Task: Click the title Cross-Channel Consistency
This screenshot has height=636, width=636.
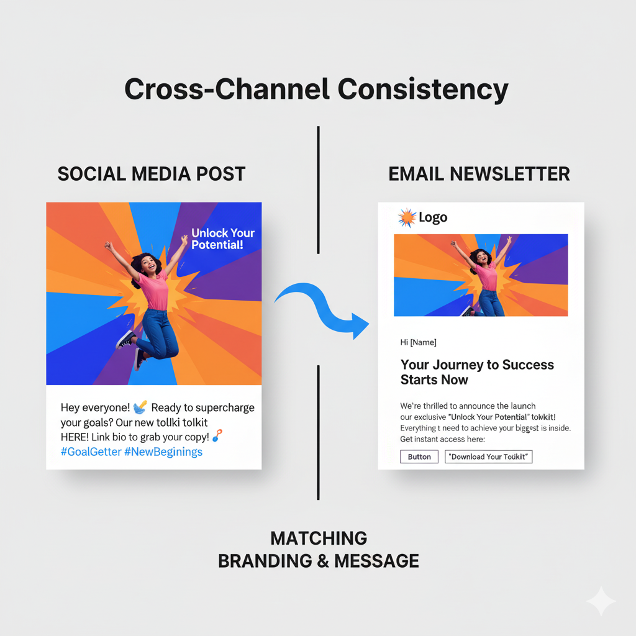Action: pos(316,89)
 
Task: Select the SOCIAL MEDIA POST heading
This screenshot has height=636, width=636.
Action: pos(152,174)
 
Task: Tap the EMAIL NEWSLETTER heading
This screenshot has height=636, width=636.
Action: pos(479,174)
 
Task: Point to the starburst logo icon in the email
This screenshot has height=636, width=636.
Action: pos(407,217)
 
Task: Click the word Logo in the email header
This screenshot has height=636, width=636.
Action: pos(433,217)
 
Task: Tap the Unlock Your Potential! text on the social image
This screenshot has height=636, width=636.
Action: pos(223,238)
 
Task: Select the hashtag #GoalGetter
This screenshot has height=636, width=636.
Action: pos(91,452)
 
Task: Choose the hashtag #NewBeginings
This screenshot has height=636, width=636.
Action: pos(163,452)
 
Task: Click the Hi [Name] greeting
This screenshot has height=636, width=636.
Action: pos(419,342)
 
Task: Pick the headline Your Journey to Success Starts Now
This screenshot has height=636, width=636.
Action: pos(477,372)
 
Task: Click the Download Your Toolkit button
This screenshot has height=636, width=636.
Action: pos(489,457)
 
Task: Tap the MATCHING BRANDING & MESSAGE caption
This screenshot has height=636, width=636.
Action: pos(318,550)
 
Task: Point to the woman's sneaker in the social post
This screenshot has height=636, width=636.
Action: pos(126,339)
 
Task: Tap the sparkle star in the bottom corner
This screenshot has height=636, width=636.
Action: pos(601,601)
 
